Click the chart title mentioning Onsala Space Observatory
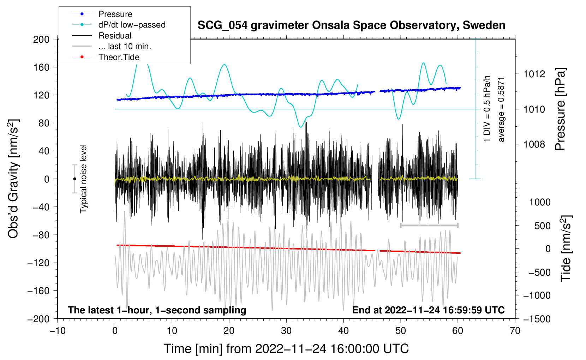[x=351, y=25]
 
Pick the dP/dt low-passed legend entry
[x=132, y=25]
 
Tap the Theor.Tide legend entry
[x=119, y=57]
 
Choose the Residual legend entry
[x=115, y=36]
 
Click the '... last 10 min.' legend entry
[x=125, y=46]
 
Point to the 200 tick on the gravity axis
[x=41, y=39]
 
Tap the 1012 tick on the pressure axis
[x=534, y=74]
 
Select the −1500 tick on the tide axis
[x=537, y=319]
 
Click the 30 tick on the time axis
[x=286, y=331]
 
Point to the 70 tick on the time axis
[x=515, y=331]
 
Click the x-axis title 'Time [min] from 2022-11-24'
[x=286, y=349]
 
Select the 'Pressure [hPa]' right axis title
[x=560, y=109]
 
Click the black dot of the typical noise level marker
[x=74, y=179]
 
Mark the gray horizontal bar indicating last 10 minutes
[x=429, y=225]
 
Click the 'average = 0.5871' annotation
[x=501, y=109]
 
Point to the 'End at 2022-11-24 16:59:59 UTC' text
[x=428, y=310]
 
